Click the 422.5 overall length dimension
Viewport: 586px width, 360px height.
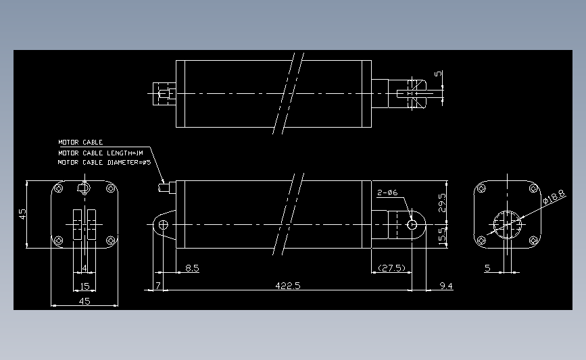(288, 286)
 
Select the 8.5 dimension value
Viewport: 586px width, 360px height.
(192, 268)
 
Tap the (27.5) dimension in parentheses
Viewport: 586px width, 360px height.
(391, 268)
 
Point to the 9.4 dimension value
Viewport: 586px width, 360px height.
(445, 286)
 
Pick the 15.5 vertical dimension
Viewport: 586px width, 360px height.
(443, 236)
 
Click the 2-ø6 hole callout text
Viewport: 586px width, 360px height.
(387, 193)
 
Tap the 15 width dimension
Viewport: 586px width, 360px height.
(84, 286)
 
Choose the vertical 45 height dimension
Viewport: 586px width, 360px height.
(22, 214)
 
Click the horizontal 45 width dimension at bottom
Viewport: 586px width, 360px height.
(84, 301)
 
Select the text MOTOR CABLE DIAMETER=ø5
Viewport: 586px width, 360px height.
(103, 162)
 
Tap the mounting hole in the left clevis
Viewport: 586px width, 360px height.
(163, 224)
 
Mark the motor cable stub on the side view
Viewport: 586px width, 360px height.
(163, 186)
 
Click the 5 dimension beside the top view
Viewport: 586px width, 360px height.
(438, 74)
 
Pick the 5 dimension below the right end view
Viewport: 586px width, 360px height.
(487, 268)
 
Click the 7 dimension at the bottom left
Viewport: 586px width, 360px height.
(157, 286)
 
